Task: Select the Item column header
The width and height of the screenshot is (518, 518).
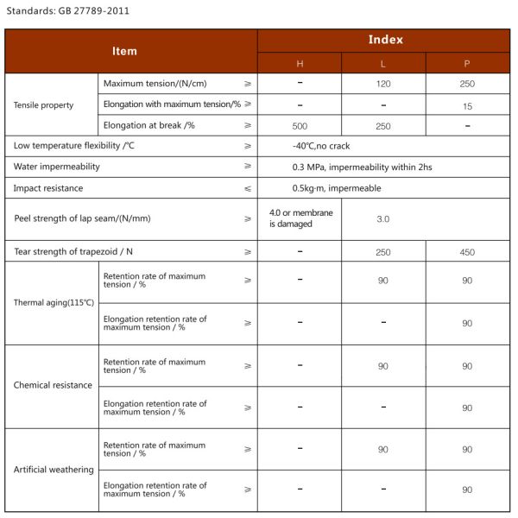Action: pyautogui.click(x=124, y=51)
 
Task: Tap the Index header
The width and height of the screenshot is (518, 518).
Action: pyautogui.click(x=385, y=40)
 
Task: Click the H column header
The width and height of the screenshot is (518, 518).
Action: pyautogui.click(x=300, y=64)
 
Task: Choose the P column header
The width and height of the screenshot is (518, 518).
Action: pyautogui.click(x=467, y=64)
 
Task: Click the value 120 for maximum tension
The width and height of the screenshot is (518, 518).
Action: pyautogui.click(x=383, y=84)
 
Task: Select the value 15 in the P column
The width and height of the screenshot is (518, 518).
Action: pyautogui.click(x=467, y=104)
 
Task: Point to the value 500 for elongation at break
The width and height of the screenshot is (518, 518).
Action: pyautogui.click(x=300, y=125)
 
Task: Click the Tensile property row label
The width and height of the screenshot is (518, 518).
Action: pyautogui.click(x=44, y=104)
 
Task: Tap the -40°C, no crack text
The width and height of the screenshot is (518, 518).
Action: pyautogui.click(x=321, y=146)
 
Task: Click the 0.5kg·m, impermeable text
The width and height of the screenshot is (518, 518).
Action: pyautogui.click(x=336, y=187)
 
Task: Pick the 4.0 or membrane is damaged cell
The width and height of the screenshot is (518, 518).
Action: pyautogui.click(x=300, y=218)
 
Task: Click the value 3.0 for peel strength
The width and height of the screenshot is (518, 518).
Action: pyautogui.click(x=383, y=218)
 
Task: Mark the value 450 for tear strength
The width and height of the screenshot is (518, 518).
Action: pyautogui.click(x=467, y=252)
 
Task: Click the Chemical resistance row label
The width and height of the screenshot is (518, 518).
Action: pyautogui.click(x=53, y=385)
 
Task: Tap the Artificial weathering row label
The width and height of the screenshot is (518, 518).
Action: pyautogui.click(x=54, y=469)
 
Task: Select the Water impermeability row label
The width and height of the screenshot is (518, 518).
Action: pyautogui.click(x=56, y=166)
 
